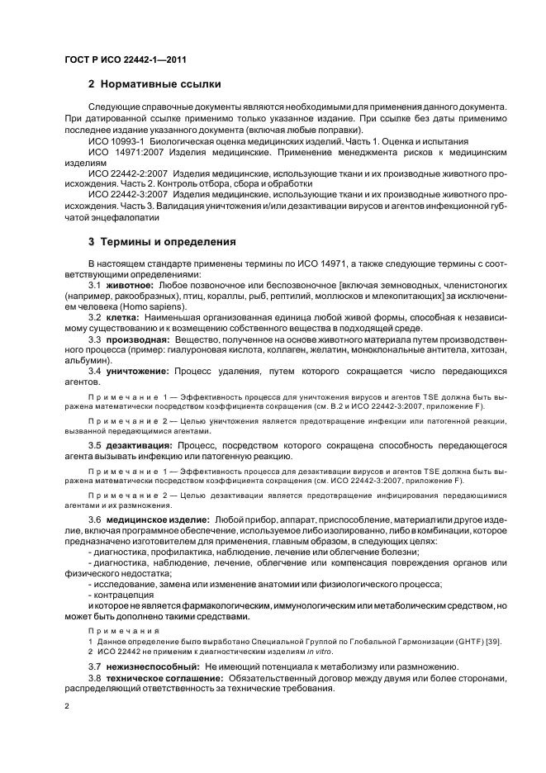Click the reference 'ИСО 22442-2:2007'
tap(126, 174)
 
